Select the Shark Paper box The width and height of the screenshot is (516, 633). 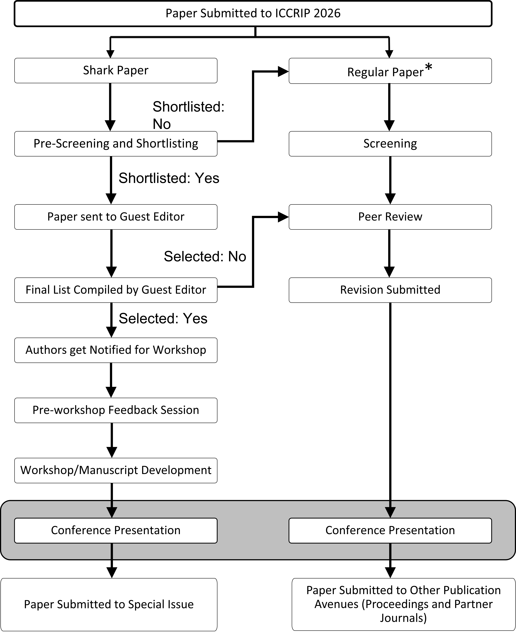click(116, 71)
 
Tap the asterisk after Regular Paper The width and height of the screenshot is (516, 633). click(428, 68)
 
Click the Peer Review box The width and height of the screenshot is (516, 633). click(390, 217)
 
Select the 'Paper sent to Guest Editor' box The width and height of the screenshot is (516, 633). click(116, 217)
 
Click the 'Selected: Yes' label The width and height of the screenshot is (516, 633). click(163, 318)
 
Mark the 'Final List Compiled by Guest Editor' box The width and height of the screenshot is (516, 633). click(116, 290)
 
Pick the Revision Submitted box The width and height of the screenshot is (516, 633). click(390, 290)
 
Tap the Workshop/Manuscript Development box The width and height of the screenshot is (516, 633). click(116, 470)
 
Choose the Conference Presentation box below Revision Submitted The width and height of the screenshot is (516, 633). click(390, 530)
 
